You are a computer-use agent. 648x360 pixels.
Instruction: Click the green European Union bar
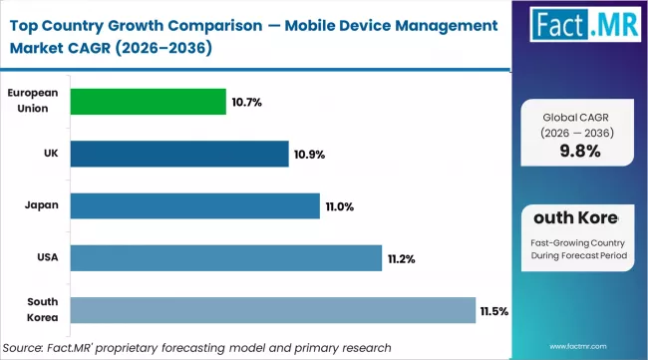click(142, 102)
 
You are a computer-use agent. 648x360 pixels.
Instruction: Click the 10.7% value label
click(247, 102)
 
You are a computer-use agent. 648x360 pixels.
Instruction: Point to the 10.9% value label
click(310, 155)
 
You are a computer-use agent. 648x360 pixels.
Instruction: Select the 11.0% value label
click(340, 206)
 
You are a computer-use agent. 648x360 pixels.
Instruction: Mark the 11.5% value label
click(494, 311)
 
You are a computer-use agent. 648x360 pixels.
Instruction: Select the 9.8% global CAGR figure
click(579, 153)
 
